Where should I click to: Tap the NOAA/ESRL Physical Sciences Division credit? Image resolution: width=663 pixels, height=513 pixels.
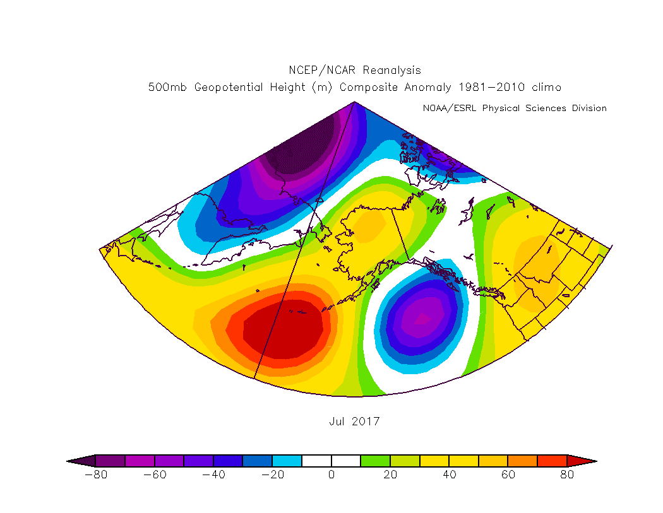pyautogui.click(x=514, y=108)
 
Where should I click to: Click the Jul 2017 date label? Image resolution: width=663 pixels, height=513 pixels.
pyautogui.click(x=354, y=422)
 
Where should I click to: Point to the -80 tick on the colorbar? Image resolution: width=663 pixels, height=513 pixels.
pyautogui.click(x=95, y=475)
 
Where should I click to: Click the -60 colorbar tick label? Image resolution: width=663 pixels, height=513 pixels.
pyautogui.click(x=154, y=475)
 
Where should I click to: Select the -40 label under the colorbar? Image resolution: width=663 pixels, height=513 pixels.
pyautogui.click(x=213, y=475)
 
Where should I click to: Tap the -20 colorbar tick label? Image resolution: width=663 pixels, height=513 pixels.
pyautogui.click(x=272, y=475)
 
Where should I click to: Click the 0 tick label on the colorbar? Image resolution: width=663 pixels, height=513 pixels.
pyautogui.click(x=331, y=475)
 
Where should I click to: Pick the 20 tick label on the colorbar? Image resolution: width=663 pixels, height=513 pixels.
pyautogui.click(x=390, y=475)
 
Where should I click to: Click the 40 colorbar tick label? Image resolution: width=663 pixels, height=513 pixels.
pyautogui.click(x=449, y=475)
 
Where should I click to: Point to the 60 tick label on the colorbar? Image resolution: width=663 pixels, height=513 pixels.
pyautogui.click(x=508, y=475)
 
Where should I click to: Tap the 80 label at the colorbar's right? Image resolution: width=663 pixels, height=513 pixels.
pyautogui.click(x=566, y=475)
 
